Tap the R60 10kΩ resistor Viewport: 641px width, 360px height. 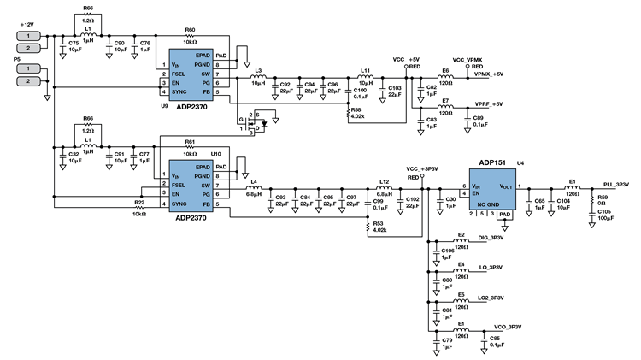[x=190, y=35]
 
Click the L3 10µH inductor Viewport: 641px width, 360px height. [x=258, y=75]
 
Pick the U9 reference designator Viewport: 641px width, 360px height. [x=163, y=105]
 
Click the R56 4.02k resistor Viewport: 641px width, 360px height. [x=350, y=111]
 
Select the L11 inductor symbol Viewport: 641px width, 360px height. [x=365, y=75]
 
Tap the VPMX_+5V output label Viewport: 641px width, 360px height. [x=490, y=74]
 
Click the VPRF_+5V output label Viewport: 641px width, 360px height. [x=489, y=104]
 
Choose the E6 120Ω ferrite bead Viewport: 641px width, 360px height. [x=445, y=74]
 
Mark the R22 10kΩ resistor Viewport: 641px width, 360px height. [x=138, y=207]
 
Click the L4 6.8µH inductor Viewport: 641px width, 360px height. [x=254, y=186]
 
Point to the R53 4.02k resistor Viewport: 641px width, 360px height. [x=369, y=226]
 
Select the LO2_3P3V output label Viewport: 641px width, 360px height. [x=495, y=298]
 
